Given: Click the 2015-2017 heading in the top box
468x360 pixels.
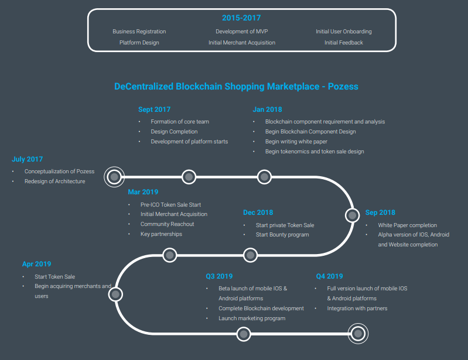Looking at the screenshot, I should pyautogui.click(x=241, y=18).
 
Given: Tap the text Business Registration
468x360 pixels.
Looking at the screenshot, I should pyautogui.click(x=139, y=32).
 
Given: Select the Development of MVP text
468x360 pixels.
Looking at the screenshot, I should pyautogui.click(x=241, y=32).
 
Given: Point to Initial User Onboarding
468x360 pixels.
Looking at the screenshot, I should pyautogui.click(x=344, y=32).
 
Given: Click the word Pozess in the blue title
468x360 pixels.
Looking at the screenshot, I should pyautogui.click(x=343, y=87).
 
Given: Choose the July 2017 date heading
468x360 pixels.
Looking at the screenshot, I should pyautogui.click(x=27, y=159).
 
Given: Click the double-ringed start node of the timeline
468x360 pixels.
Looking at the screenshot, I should pyautogui.click(x=115, y=176).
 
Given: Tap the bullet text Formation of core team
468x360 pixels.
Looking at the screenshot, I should pyautogui.click(x=180, y=122).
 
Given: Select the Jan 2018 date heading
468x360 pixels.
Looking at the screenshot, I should pyautogui.click(x=267, y=109).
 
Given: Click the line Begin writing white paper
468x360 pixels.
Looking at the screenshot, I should pyautogui.click(x=296, y=142).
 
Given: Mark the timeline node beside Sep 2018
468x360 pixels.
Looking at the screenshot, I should pyautogui.click(x=351, y=215).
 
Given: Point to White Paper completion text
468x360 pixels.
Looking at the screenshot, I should pyautogui.click(x=408, y=225).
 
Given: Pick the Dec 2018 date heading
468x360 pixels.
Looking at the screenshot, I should pyautogui.click(x=258, y=212).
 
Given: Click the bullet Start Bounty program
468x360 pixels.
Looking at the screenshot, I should pyautogui.click(x=282, y=235).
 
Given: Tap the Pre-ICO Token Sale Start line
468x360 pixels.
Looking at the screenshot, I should pyautogui.click(x=170, y=205).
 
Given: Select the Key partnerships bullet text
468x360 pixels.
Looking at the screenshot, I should pyautogui.click(x=161, y=234).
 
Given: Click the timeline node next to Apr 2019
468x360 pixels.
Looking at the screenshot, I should pyautogui.click(x=115, y=294).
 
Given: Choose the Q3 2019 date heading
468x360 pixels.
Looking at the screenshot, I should pyautogui.click(x=218, y=276).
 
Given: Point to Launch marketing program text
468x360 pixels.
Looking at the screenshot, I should pyautogui.click(x=252, y=318).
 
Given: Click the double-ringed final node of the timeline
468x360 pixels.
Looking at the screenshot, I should pyautogui.click(x=357, y=334).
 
